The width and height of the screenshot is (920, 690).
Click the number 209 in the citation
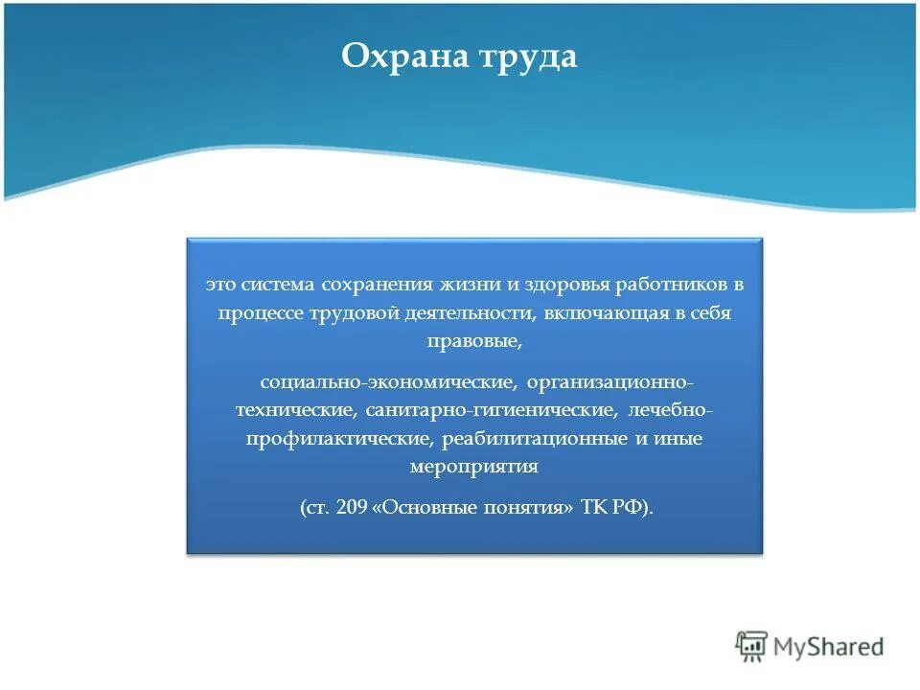point(351,509)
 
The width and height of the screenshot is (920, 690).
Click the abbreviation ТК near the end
point(593,509)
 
